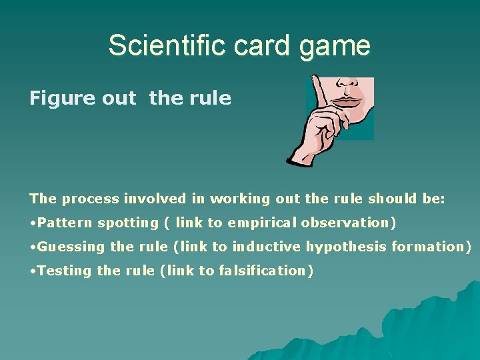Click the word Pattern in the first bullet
coord(64,223)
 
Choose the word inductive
coord(267,247)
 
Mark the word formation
coord(431,247)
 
